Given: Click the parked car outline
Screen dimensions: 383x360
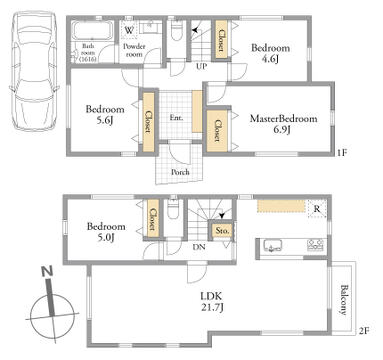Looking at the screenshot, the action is click(x=34, y=71).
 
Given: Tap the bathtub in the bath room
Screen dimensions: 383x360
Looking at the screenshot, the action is click(x=93, y=31).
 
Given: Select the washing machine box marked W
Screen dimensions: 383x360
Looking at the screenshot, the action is click(x=129, y=30).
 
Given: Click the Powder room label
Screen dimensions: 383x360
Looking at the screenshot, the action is click(x=134, y=50).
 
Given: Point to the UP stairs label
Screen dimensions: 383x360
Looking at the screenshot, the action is click(x=201, y=66).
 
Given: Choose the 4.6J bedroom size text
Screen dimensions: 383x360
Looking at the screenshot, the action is click(x=270, y=59).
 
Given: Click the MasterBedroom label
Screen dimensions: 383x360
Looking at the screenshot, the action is click(x=283, y=119).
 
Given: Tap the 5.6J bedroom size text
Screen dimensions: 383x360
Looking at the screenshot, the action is click(x=105, y=120).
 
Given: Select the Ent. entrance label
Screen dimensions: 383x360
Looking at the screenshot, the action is click(x=176, y=117).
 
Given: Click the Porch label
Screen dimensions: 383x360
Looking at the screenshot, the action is click(x=180, y=172).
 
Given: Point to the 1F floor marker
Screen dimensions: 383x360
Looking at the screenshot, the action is click(x=342, y=153).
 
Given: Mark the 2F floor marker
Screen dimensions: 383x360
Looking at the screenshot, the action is click(x=363, y=331).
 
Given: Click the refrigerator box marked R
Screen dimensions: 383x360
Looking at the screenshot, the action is click(x=317, y=209).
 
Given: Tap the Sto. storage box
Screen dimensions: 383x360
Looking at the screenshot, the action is click(x=222, y=231).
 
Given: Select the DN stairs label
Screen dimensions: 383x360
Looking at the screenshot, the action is click(x=199, y=247).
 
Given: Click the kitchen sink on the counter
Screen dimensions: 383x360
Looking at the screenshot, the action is click(x=273, y=245).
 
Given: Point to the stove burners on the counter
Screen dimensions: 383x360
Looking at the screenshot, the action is click(x=315, y=245).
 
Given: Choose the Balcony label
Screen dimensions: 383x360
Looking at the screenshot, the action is click(x=343, y=300).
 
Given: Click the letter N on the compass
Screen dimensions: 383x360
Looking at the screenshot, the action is click(x=47, y=271).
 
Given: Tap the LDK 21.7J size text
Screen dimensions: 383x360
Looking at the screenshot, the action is click(x=211, y=302).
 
